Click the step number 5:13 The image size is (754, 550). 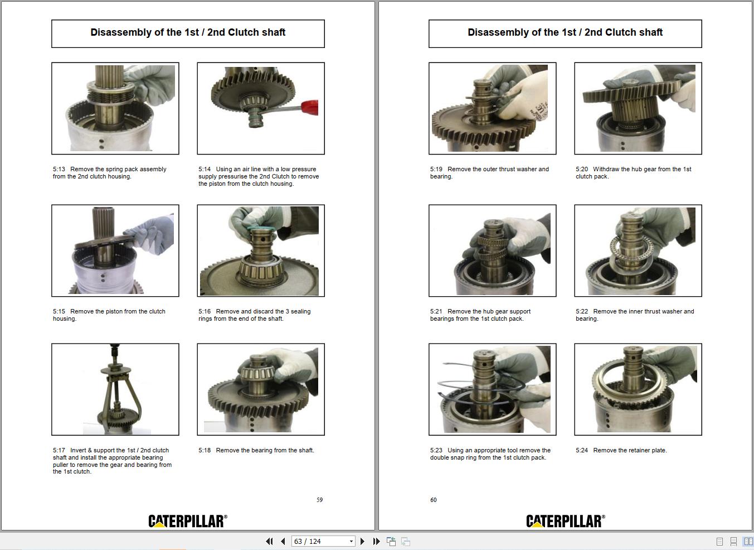pos(59,170)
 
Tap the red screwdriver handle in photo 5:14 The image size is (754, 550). pos(309,107)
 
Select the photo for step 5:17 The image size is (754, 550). pos(115,389)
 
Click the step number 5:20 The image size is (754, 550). pos(582,170)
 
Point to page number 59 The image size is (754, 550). pos(320,500)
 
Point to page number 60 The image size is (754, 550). pos(434,500)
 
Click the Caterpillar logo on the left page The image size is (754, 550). pos(188,521)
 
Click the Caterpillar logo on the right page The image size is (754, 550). pos(565,521)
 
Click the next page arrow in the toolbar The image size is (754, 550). pos(363,541)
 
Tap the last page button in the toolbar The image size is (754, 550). pos(376,541)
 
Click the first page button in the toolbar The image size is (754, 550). pos(270,541)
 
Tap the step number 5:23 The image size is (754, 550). pos(436,451)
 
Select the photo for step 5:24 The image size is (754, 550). pos(638,389)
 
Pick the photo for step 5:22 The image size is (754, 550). pos(638,250)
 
